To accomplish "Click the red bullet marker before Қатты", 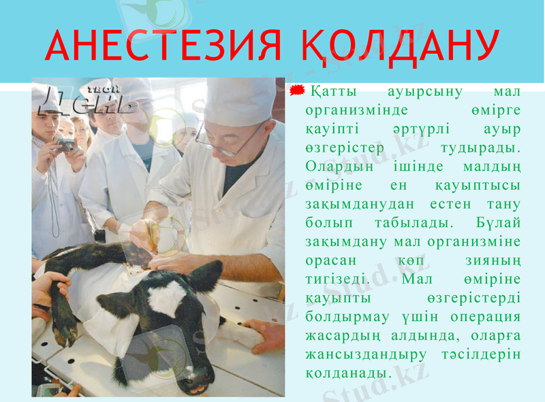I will [298, 91].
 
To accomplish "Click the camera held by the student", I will [66, 145].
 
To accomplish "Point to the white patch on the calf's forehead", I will [167, 298].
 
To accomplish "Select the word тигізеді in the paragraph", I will [338, 280].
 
